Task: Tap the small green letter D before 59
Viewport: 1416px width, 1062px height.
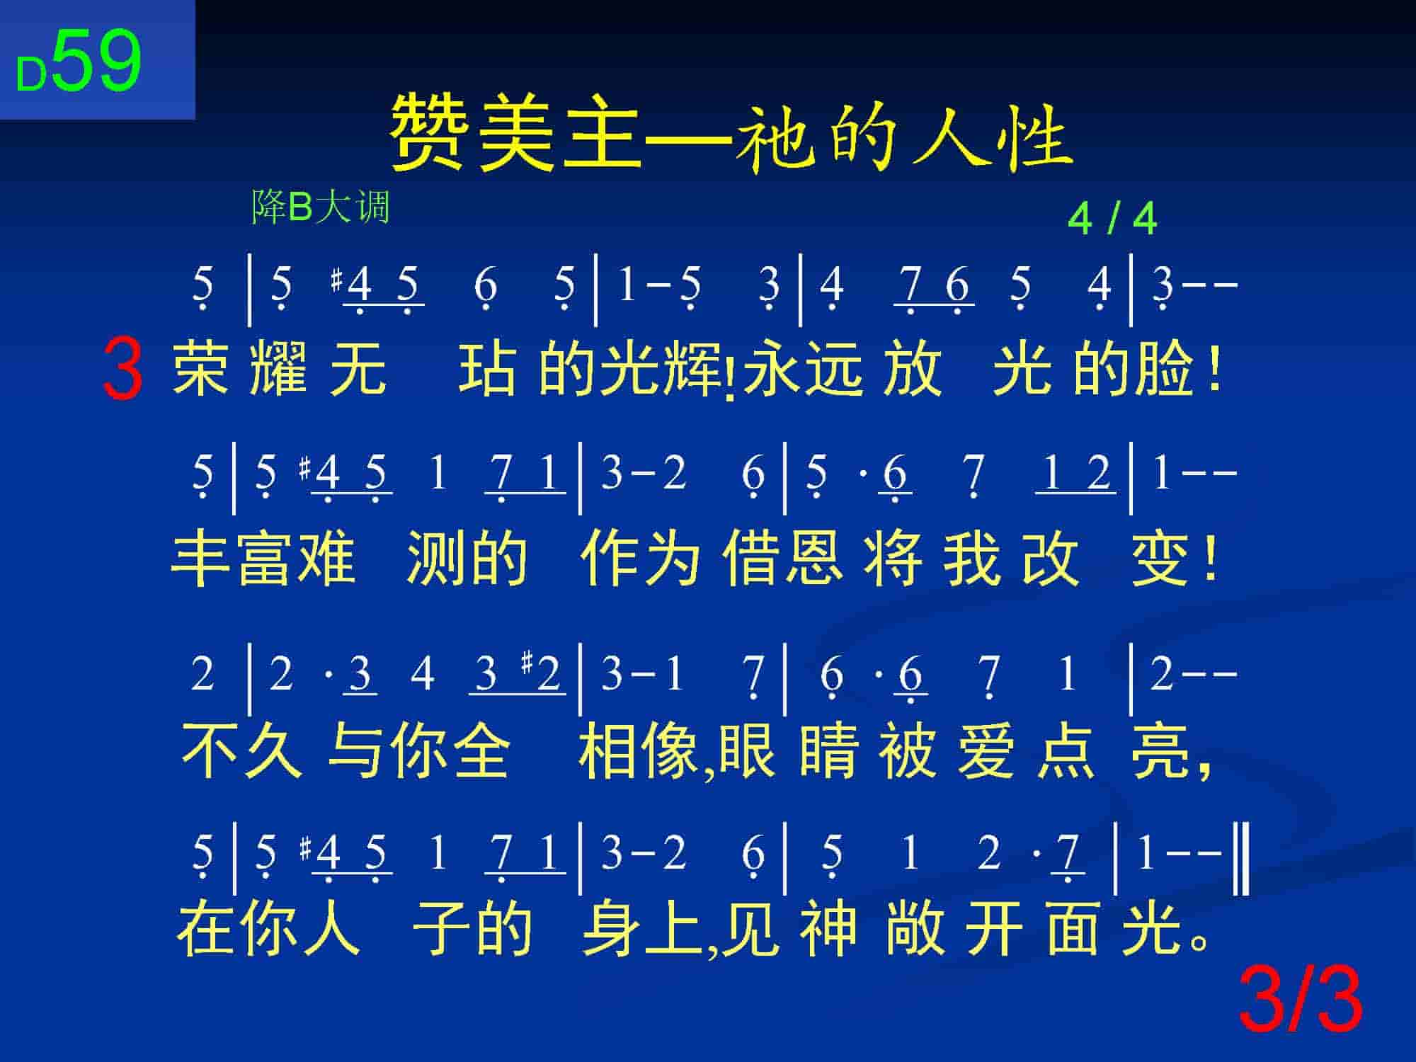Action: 31,75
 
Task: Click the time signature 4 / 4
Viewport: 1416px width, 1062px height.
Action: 1112,219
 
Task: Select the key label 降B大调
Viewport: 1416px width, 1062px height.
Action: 321,208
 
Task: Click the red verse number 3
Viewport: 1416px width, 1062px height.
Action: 122,369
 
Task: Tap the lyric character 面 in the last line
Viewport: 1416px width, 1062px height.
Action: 1074,929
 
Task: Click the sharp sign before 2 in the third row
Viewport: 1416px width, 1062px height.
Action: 527,663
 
